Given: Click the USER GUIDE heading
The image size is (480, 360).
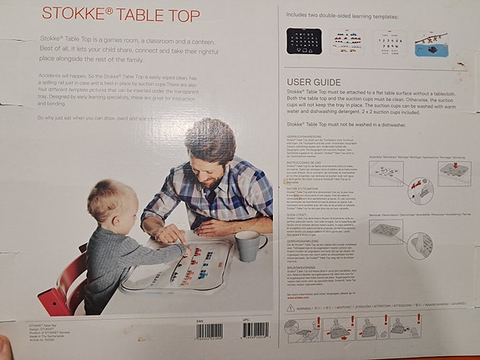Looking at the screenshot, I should (x=315, y=80).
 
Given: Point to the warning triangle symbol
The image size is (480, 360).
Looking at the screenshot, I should (x=291, y=307).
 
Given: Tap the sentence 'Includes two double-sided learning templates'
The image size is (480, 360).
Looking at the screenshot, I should (x=343, y=15).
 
